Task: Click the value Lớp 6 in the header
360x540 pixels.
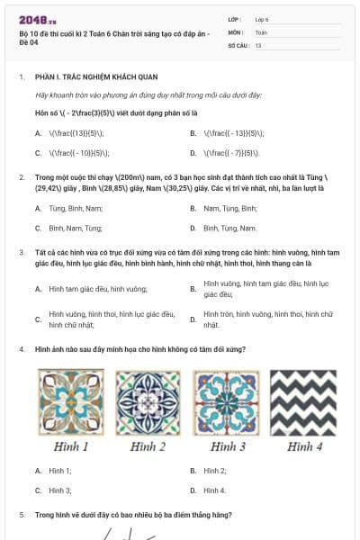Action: click(x=262, y=19)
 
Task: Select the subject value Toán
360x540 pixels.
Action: click(x=261, y=31)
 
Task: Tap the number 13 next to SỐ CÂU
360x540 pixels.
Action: click(x=258, y=44)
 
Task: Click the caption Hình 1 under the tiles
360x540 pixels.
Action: click(x=71, y=446)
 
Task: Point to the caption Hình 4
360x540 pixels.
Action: click(x=305, y=446)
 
